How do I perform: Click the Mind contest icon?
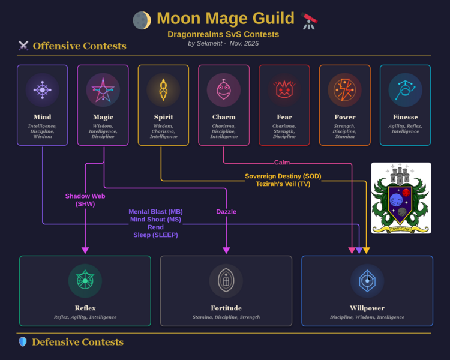point(42,90)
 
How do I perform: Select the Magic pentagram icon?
point(103,90)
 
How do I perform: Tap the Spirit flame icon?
point(163,90)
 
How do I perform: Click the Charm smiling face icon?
point(224,90)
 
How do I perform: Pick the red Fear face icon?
point(284,90)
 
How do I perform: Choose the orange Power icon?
point(344,90)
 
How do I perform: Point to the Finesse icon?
point(405,90)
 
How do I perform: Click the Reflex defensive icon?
point(85,281)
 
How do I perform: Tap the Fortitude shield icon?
point(226,281)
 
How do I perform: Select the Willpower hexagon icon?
point(367,281)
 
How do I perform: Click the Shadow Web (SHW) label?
point(85,200)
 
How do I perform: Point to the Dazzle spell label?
point(226,212)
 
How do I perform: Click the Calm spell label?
point(282,163)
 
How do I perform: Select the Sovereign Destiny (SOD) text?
point(283,176)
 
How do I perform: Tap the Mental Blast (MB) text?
point(155,212)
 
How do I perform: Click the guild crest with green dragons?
point(401,198)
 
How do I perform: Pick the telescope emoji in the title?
point(310,20)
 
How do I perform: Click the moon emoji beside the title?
point(142,20)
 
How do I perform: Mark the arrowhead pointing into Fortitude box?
point(226,250)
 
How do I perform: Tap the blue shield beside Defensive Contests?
point(23,342)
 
